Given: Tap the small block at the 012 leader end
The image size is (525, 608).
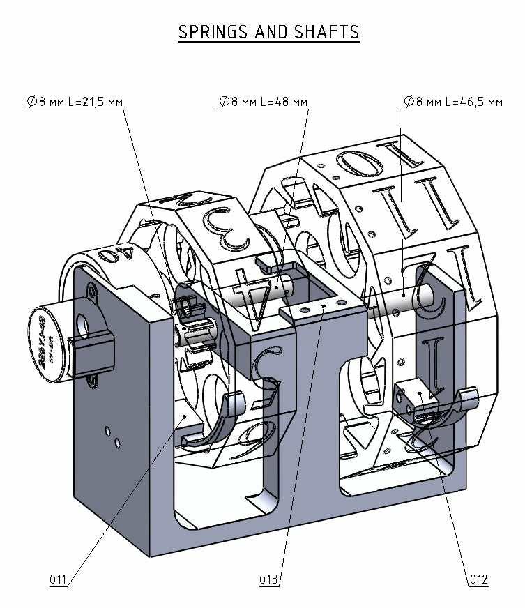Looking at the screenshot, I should tap(418, 397).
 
